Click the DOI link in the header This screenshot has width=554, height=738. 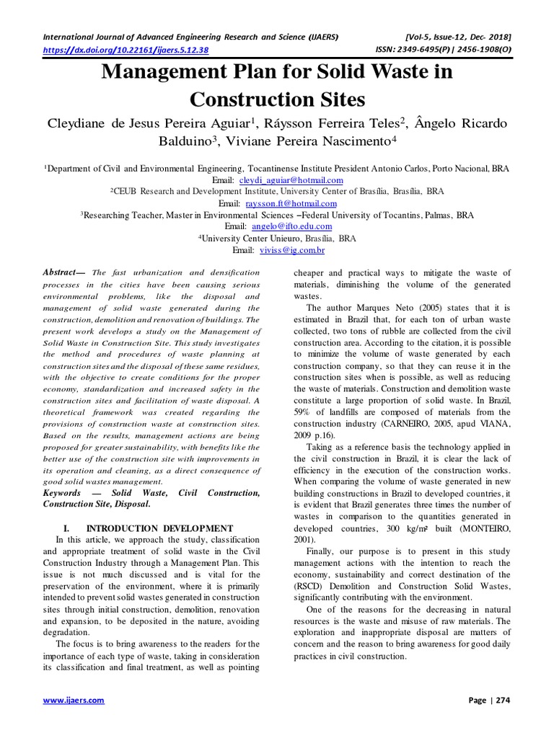point(126,50)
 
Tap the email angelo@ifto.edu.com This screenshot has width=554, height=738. point(292,226)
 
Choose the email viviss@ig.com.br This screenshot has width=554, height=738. point(292,250)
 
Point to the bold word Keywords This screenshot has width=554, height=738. point(62,493)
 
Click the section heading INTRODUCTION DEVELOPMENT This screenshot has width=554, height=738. point(158,528)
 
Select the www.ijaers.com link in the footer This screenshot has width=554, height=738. point(74,701)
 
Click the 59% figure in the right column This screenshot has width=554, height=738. point(305,412)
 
